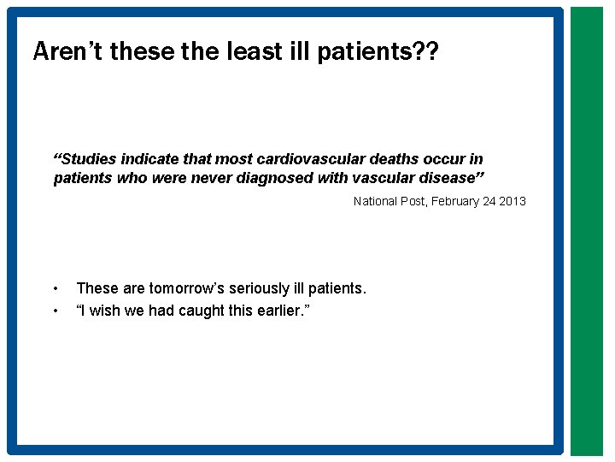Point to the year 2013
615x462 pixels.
point(512,201)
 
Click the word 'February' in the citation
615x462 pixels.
point(453,201)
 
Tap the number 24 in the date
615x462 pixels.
point(488,201)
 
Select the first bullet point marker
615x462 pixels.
point(55,289)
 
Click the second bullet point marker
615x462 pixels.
point(55,310)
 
